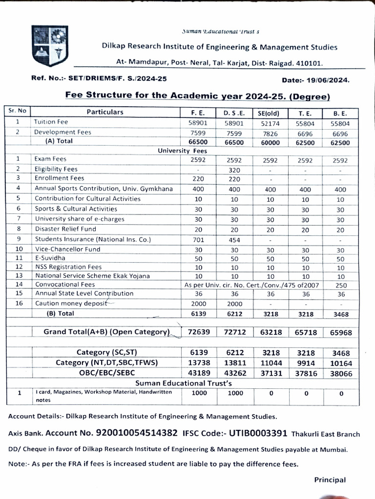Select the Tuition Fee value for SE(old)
[271, 123]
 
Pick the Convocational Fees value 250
[341, 285]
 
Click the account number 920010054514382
[137, 433]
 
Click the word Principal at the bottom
[330, 480]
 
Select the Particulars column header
[105, 112]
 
